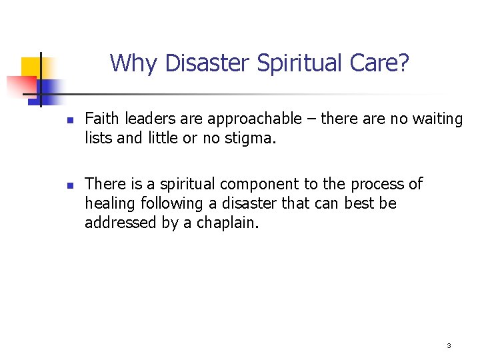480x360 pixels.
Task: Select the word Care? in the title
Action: pyautogui.click(x=385, y=63)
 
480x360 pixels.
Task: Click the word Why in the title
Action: pyautogui.click(x=134, y=63)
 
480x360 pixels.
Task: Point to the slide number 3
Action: pyautogui.click(x=449, y=345)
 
